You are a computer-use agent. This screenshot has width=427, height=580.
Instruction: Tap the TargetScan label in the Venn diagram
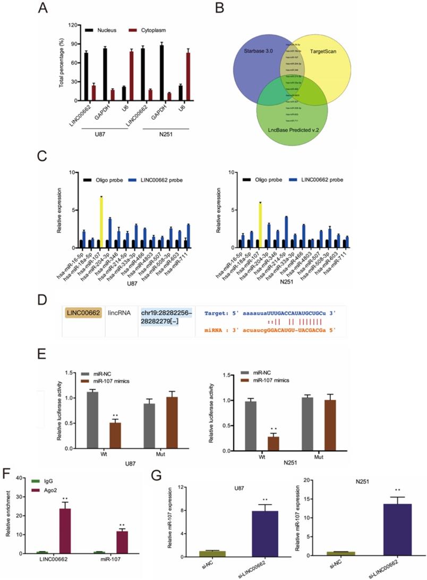point(335,52)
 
